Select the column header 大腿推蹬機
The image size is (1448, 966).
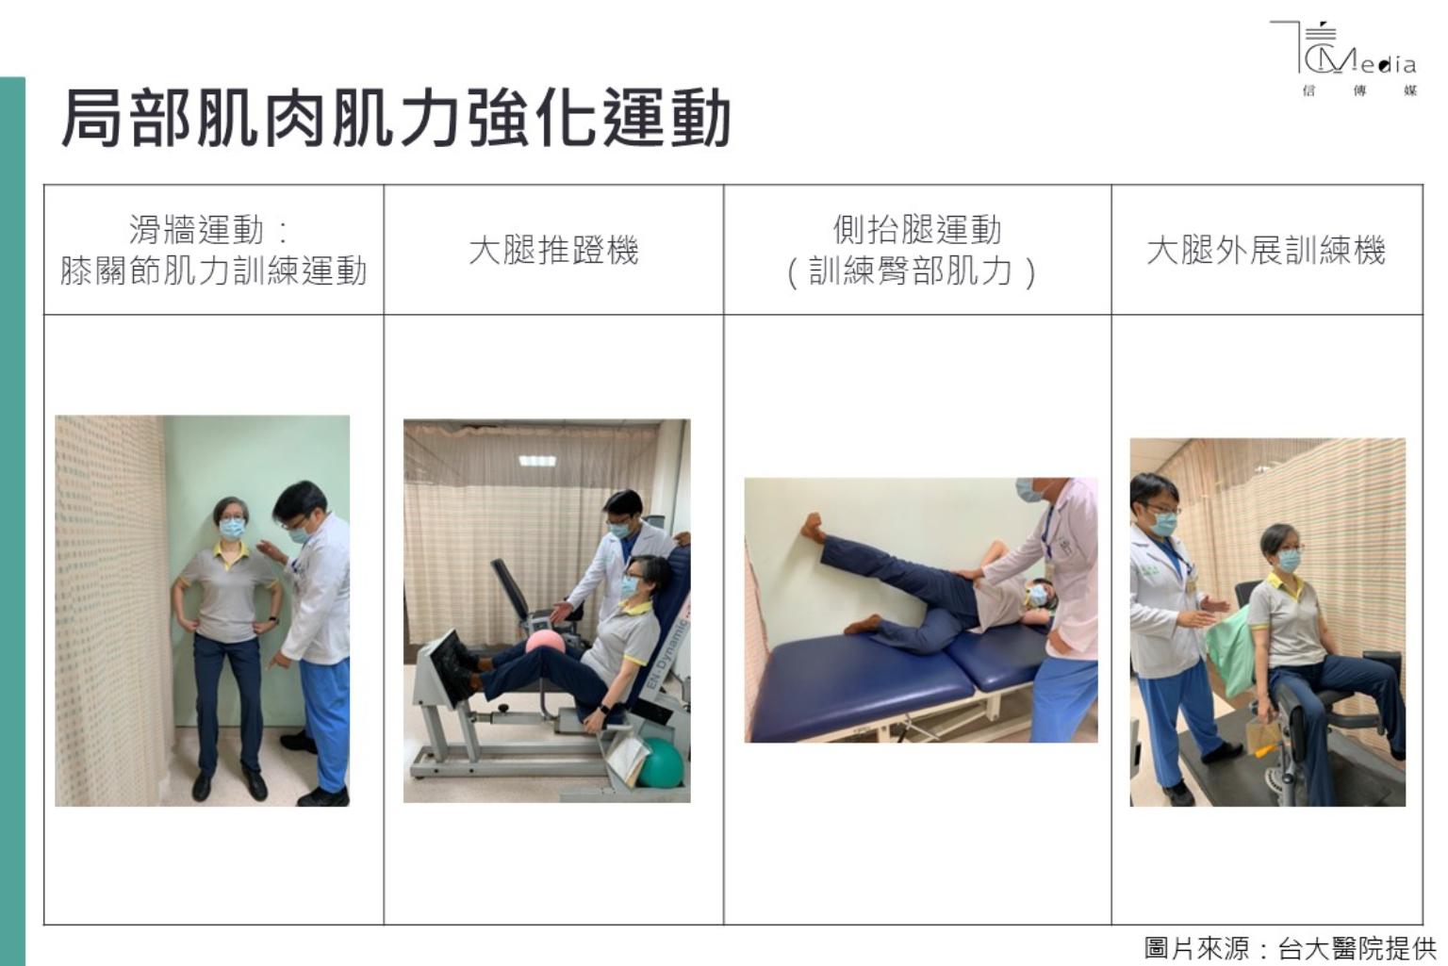(x=553, y=251)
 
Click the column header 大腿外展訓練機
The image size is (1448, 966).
(x=1266, y=251)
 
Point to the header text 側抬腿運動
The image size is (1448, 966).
(x=917, y=230)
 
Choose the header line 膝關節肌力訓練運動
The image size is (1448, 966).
(x=213, y=271)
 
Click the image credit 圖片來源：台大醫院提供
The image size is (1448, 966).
(x=1291, y=948)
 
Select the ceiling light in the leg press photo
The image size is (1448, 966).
(x=537, y=460)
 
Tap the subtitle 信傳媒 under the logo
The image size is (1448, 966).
(x=1359, y=91)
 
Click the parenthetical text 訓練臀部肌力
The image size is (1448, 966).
(x=911, y=271)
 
